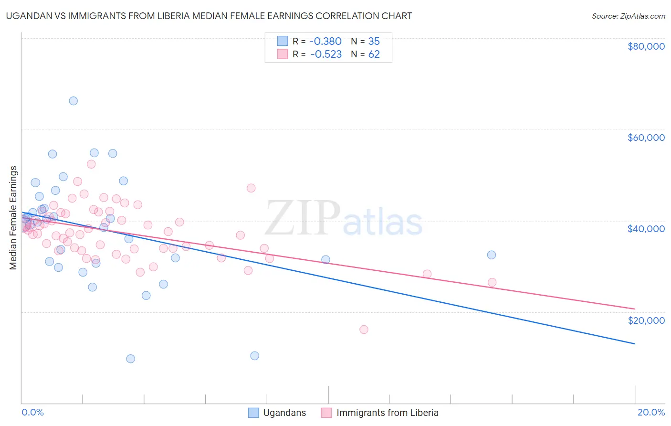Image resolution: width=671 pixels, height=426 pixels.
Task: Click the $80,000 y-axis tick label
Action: click(646, 46)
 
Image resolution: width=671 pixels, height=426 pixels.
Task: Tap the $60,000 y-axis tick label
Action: click(646, 138)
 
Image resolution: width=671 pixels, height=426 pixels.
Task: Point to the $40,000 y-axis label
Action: click(646, 229)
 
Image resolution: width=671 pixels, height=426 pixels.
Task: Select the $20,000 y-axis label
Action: click(646, 320)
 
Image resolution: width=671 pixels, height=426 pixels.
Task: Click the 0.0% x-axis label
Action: click(32, 412)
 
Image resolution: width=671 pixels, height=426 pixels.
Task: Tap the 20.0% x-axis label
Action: click(651, 412)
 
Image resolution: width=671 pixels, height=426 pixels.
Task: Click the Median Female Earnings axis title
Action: click(13, 218)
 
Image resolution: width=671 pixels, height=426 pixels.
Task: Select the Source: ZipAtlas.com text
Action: click(628, 16)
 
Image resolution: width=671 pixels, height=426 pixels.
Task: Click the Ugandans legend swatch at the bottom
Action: click(253, 413)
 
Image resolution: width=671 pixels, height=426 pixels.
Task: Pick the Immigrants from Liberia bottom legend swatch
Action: click(326, 413)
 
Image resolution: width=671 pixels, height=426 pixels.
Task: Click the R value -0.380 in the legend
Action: click(326, 42)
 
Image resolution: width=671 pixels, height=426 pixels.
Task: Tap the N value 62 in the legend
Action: click(374, 54)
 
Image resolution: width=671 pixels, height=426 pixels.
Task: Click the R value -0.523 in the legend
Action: click(326, 54)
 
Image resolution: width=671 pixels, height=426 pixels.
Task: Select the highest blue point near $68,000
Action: click(73, 101)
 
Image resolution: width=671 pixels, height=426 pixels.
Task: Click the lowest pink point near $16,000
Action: click(364, 330)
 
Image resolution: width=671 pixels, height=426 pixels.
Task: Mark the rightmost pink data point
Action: click(492, 282)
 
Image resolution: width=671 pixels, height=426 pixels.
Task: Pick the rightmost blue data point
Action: click(492, 255)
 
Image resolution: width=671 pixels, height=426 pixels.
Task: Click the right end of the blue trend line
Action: click(635, 344)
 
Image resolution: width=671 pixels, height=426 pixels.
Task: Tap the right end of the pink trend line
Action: click(635, 309)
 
